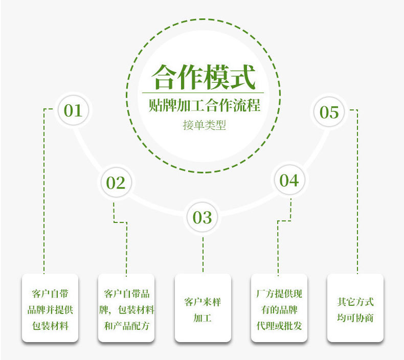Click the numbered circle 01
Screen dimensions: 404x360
[73, 110]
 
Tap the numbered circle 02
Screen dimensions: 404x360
[116, 183]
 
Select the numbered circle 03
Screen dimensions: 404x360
[202, 217]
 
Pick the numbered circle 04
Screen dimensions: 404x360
[289, 180]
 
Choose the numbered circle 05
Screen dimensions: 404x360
[329, 112]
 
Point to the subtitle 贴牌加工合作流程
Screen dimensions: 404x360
[204, 106]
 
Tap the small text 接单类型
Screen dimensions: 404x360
[204, 125]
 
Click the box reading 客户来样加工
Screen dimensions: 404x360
[203, 308]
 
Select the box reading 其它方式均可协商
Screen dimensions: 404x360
[355, 308]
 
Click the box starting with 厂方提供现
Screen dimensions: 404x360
[279, 308]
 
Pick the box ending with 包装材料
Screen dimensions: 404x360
[50, 308]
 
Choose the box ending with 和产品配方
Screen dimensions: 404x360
[126, 308]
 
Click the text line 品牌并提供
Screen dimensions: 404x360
[50, 310]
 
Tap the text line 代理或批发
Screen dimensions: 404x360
[279, 325]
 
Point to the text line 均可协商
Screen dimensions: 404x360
[355, 318]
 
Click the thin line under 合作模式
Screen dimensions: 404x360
[203, 93]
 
